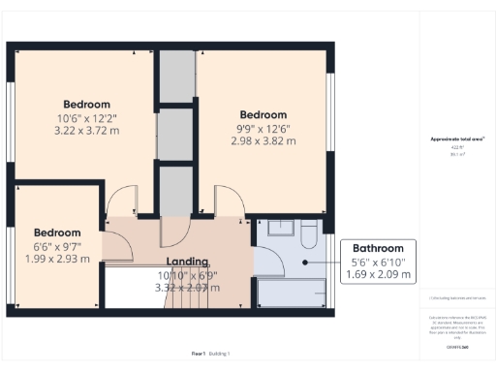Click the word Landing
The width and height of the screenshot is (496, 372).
pyautogui.click(x=187, y=263)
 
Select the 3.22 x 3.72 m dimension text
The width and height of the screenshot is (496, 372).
pyautogui.click(x=86, y=130)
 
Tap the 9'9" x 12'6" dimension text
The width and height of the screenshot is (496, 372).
pyautogui.click(x=263, y=128)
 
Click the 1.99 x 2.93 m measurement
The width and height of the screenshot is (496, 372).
pyautogui.click(x=56, y=259)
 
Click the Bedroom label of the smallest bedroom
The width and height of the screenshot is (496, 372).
pyautogui.click(x=56, y=232)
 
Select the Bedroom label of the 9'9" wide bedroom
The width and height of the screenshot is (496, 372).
pyautogui.click(x=263, y=113)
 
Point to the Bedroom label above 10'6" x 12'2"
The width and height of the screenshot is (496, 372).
pyautogui.click(x=86, y=104)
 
